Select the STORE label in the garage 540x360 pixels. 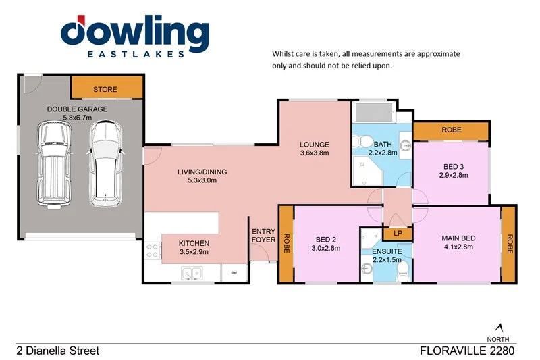tap(105, 89)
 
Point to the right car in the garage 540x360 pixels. tap(105, 162)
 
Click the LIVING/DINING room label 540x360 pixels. tap(202, 172)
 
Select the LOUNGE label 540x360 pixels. tap(315, 144)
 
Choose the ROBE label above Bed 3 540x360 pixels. tap(451, 130)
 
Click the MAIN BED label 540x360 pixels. tap(458, 238)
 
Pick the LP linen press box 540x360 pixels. tap(398, 233)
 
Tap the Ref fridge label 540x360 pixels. tap(234, 273)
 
